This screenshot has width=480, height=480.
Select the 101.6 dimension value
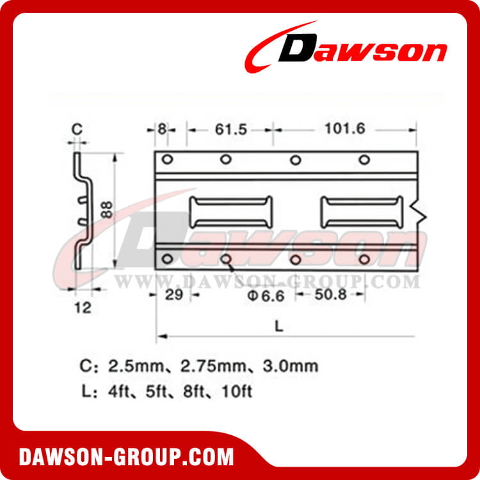point(340,129)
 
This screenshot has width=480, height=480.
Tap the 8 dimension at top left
point(162,129)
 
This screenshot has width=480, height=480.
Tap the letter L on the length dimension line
point(278,325)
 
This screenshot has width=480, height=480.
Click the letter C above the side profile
point(76,129)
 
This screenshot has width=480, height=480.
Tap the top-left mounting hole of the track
point(167,159)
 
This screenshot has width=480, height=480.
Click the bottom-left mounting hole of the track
point(167,259)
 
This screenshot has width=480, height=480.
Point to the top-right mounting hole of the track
point(364,159)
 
